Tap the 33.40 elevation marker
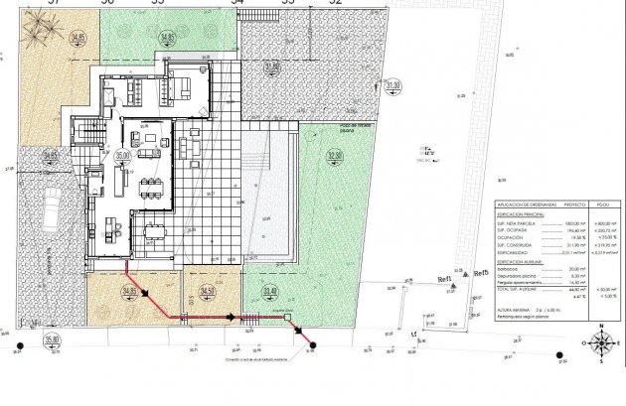tap(271, 291)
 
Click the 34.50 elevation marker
tap(206, 291)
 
